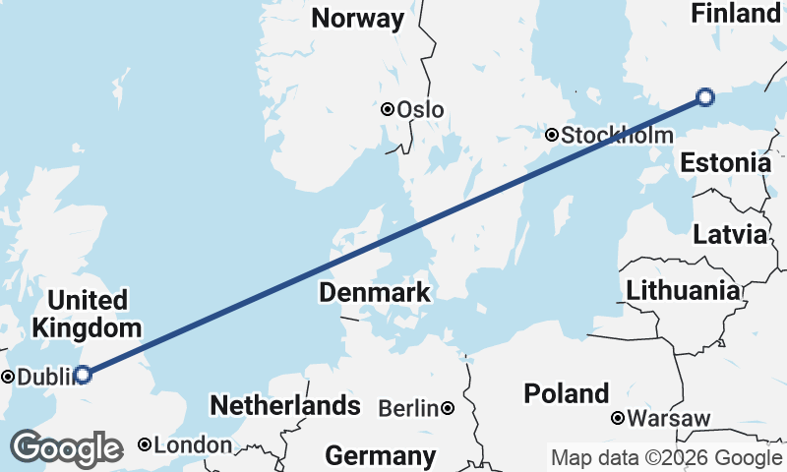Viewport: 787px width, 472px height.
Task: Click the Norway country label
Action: click(x=357, y=19)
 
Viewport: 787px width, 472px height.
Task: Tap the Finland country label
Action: click(x=735, y=14)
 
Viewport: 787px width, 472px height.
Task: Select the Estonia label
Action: click(x=725, y=162)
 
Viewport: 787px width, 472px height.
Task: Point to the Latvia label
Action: click(x=729, y=235)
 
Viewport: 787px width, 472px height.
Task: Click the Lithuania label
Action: click(x=683, y=290)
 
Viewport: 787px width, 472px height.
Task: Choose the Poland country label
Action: click(x=566, y=394)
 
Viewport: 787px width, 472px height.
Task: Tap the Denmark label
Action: click(x=374, y=292)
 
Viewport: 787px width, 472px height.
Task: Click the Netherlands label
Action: click(x=285, y=405)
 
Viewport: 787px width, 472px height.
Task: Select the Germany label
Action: click(x=380, y=455)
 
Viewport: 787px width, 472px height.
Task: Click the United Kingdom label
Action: click(x=87, y=314)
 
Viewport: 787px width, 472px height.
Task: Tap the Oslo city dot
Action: click(x=388, y=109)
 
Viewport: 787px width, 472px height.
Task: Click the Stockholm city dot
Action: click(x=552, y=135)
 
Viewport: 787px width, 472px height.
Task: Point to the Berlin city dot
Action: click(x=448, y=407)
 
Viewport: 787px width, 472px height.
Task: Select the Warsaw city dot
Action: click(x=618, y=418)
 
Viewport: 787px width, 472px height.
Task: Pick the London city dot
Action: click(x=145, y=444)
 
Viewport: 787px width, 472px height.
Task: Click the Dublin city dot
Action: click(x=8, y=376)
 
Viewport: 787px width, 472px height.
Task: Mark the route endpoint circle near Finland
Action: click(x=704, y=96)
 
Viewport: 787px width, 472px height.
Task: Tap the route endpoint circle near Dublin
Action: click(x=84, y=374)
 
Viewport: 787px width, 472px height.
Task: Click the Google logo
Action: click(x=66, y=448)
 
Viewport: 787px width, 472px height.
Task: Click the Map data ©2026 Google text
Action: click(x=666, y=457)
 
